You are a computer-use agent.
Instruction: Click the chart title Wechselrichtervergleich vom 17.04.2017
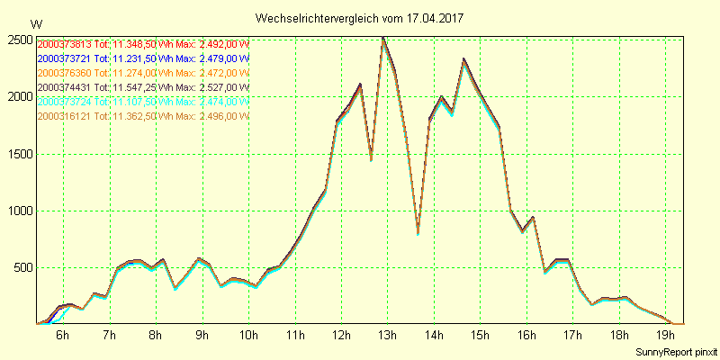click(360, 18)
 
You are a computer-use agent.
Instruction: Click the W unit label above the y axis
click(36, 23)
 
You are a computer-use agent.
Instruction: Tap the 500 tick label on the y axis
click(22, 267)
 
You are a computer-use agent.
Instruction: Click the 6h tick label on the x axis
click(62, 335)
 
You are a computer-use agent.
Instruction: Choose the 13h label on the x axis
click(387, 335)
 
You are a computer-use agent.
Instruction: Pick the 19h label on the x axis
click(665, 335)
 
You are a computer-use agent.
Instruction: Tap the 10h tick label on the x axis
click(247, 335)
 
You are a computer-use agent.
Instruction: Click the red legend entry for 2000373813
click(142, 44)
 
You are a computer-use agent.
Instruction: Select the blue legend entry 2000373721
click(142, 58)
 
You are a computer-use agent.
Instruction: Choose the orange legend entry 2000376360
click(142, 73)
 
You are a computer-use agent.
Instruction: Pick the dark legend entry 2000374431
click(142, 87)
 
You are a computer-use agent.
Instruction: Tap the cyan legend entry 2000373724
click(142, 102)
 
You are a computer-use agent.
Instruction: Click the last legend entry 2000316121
click(142, 116)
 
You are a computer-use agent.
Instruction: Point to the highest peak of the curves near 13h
click(384, 39)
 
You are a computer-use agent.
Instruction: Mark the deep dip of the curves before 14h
click(418, 232)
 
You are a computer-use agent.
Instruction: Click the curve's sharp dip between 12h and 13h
click(371, 159)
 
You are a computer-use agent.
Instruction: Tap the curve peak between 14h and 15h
click(463, 60)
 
